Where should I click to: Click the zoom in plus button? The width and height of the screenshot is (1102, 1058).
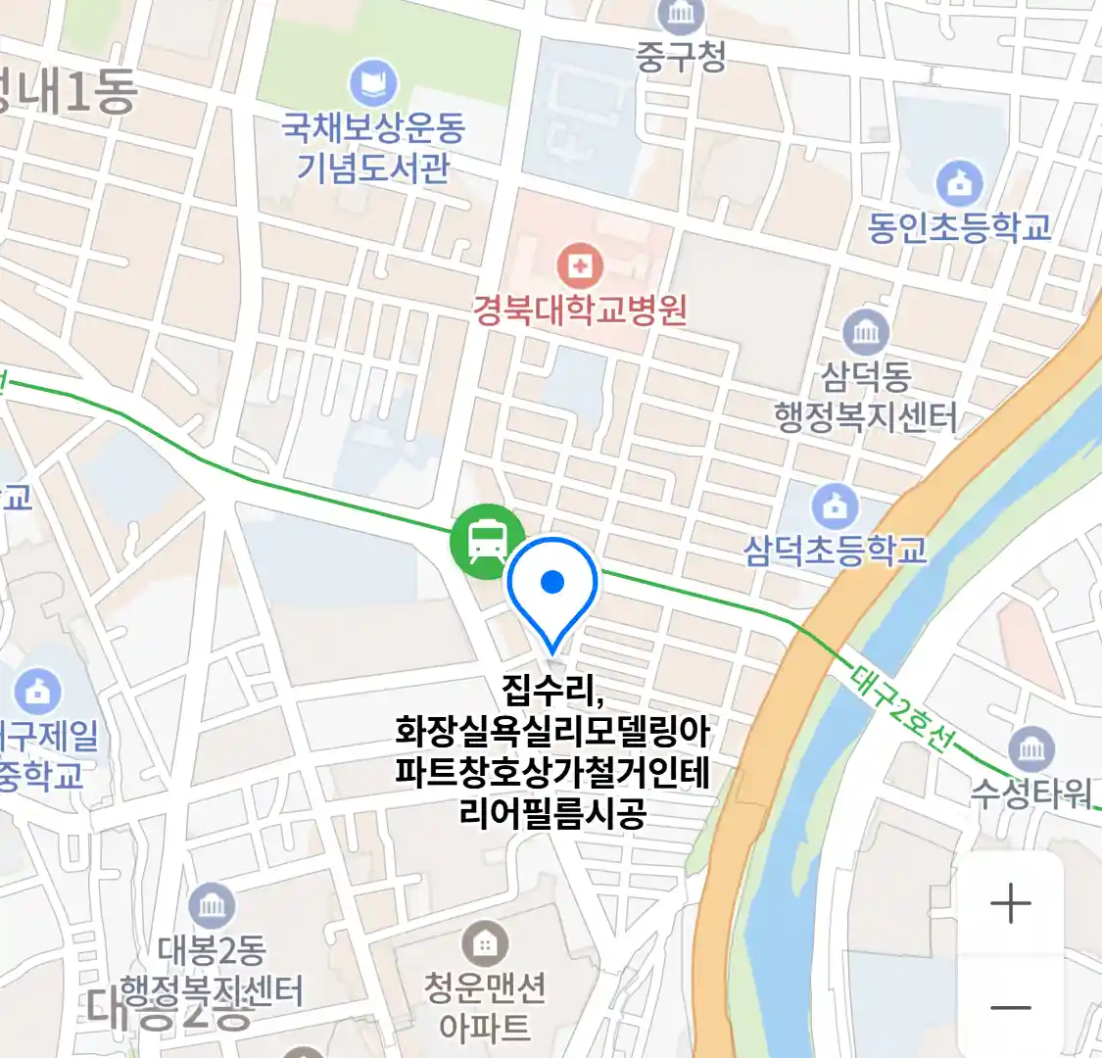pos(1011,903)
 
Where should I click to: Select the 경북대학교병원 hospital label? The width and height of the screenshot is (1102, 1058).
pos(580,311)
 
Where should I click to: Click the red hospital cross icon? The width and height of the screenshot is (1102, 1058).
pos(580,264)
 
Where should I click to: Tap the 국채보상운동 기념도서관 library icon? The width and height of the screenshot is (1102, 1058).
pos(373,83)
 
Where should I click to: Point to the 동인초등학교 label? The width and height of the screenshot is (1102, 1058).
pos(959,227)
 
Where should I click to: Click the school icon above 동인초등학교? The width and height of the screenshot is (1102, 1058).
pos(959,182)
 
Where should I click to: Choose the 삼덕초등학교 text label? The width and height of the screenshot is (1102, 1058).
pos(835,550)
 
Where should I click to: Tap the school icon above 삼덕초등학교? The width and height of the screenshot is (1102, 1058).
pos(835,506)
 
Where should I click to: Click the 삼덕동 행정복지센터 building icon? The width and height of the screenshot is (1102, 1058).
pos(866,333)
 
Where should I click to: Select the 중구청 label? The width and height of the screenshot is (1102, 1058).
pos(681,56)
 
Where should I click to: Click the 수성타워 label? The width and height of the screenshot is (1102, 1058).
pos(1030,792)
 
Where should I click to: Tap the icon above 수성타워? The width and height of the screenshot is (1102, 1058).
pos(1030,750)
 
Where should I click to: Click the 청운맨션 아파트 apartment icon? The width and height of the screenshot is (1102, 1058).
pos(484,944)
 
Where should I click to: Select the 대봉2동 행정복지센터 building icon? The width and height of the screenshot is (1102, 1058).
pos(212,906)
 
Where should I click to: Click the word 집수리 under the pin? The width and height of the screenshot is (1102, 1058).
pos(551,690)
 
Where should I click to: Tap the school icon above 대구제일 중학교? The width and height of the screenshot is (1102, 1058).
pos(37,692)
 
